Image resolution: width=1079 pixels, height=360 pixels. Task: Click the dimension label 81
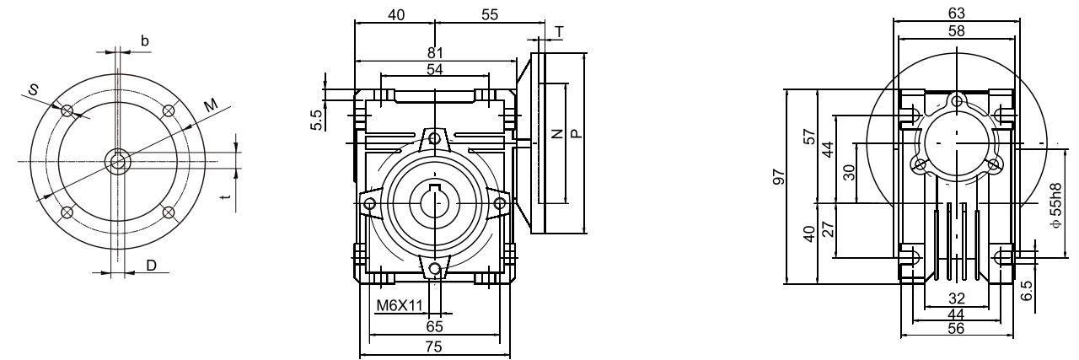(435, 53)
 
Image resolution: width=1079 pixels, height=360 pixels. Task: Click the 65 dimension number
(435, 325)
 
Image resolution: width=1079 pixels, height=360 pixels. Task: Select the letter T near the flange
(561, 31)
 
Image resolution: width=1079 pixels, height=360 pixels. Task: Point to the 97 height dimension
(779, 176)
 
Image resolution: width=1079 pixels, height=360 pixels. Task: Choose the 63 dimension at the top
(957, 13)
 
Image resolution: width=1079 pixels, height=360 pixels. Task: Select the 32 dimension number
(955, 298)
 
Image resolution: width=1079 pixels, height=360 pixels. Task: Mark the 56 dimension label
(955, 328)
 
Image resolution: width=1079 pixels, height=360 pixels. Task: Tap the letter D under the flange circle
(151, 266)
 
